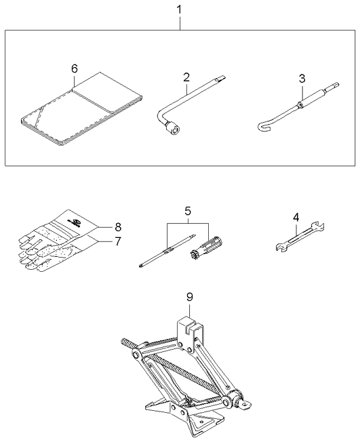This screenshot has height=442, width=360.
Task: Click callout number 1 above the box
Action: click(x=179, y=9)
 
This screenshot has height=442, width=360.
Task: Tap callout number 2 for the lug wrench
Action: click(x=186, y=77)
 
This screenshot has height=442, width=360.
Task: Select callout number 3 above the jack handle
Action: click(x=302, y=79)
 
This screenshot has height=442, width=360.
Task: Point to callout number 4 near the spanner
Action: click(x=296, y=218)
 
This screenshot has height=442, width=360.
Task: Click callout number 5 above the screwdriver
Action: click(x=188, y=211)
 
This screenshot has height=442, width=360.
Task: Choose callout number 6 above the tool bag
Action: click(x=74, y=68)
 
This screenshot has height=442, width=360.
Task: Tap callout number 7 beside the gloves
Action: click(x=118, y=241)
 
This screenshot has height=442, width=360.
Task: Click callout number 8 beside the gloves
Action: click(x=118, y=226)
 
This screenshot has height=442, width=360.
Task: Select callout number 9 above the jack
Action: click(x=189, y=296)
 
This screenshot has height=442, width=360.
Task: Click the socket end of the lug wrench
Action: click(x=173, y=129)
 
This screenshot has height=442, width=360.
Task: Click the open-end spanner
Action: click(x=300, y=237)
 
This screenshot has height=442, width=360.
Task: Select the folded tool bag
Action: click(x=81, y=109)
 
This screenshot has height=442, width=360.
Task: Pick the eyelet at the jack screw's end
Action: click(x=246, y=405)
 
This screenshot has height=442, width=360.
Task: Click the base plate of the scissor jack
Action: click(x=185, y=417)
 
